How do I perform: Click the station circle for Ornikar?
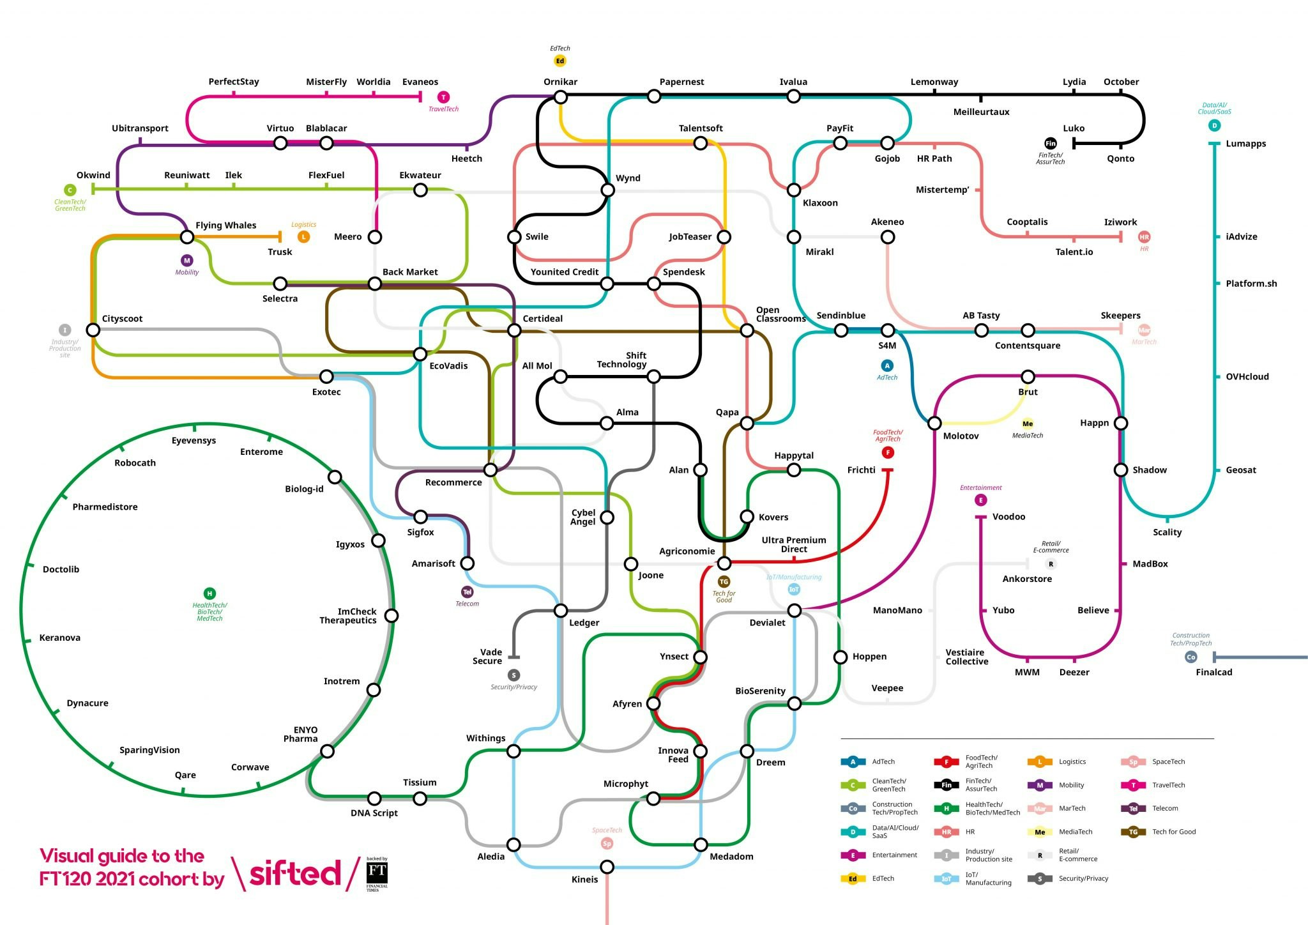(x=560, y=96)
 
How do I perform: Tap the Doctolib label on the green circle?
(x=61, y=569)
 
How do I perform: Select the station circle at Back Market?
(x=375, y=284)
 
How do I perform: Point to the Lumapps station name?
(x=1245, y=144)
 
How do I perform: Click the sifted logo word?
(x=294, y=873)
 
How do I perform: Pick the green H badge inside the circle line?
(x=209, y=593)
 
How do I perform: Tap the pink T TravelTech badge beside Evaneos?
(x=443, y=97)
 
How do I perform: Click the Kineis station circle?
(x=607, y=867)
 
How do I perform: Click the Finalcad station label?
(x=1213, y=672)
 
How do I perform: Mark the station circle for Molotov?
(x=934, y=423)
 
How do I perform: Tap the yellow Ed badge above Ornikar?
(x=560, y=61)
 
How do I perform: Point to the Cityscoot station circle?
(x=93, y=330)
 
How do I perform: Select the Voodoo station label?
(x=1008, y=517)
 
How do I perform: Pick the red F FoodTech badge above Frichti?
(x=887, y=453)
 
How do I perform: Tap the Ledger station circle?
(x=560, y=610)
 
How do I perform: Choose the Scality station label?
(x=1167, y=532)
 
